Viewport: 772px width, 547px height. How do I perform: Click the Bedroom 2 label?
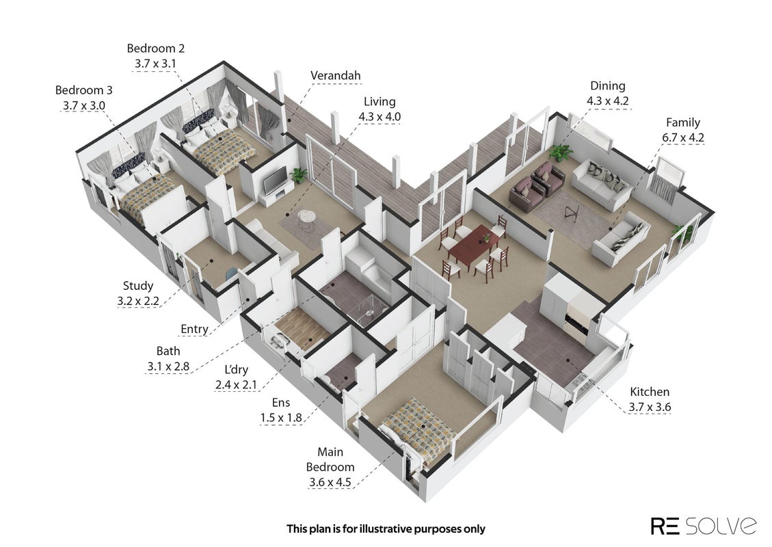[156, 49]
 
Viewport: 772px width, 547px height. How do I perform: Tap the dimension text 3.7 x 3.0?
[83, 105]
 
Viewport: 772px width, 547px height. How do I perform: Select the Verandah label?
[335, 75]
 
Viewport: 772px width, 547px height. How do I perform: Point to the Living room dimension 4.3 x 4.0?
[380, 117]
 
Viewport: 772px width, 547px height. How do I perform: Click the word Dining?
[608, 85]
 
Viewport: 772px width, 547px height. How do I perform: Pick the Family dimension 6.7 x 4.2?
[683, 137]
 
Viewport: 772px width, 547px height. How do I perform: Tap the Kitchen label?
[650, 392]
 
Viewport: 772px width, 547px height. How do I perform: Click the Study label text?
[138, 286]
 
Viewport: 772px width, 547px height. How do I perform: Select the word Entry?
[194, 329]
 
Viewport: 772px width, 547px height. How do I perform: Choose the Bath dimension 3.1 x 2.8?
[168, 366]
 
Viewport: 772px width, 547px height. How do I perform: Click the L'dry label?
[237, 369]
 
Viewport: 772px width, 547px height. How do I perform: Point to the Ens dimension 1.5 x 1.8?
[280, 418]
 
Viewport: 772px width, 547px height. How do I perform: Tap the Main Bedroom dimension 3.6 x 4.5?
[330, 482]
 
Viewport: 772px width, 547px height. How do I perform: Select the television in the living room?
[275, 181]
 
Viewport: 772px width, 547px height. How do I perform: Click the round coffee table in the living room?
[308, 217]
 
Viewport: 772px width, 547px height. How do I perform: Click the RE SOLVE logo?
[704, 525]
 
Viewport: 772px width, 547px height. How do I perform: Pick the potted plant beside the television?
[298, 175]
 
